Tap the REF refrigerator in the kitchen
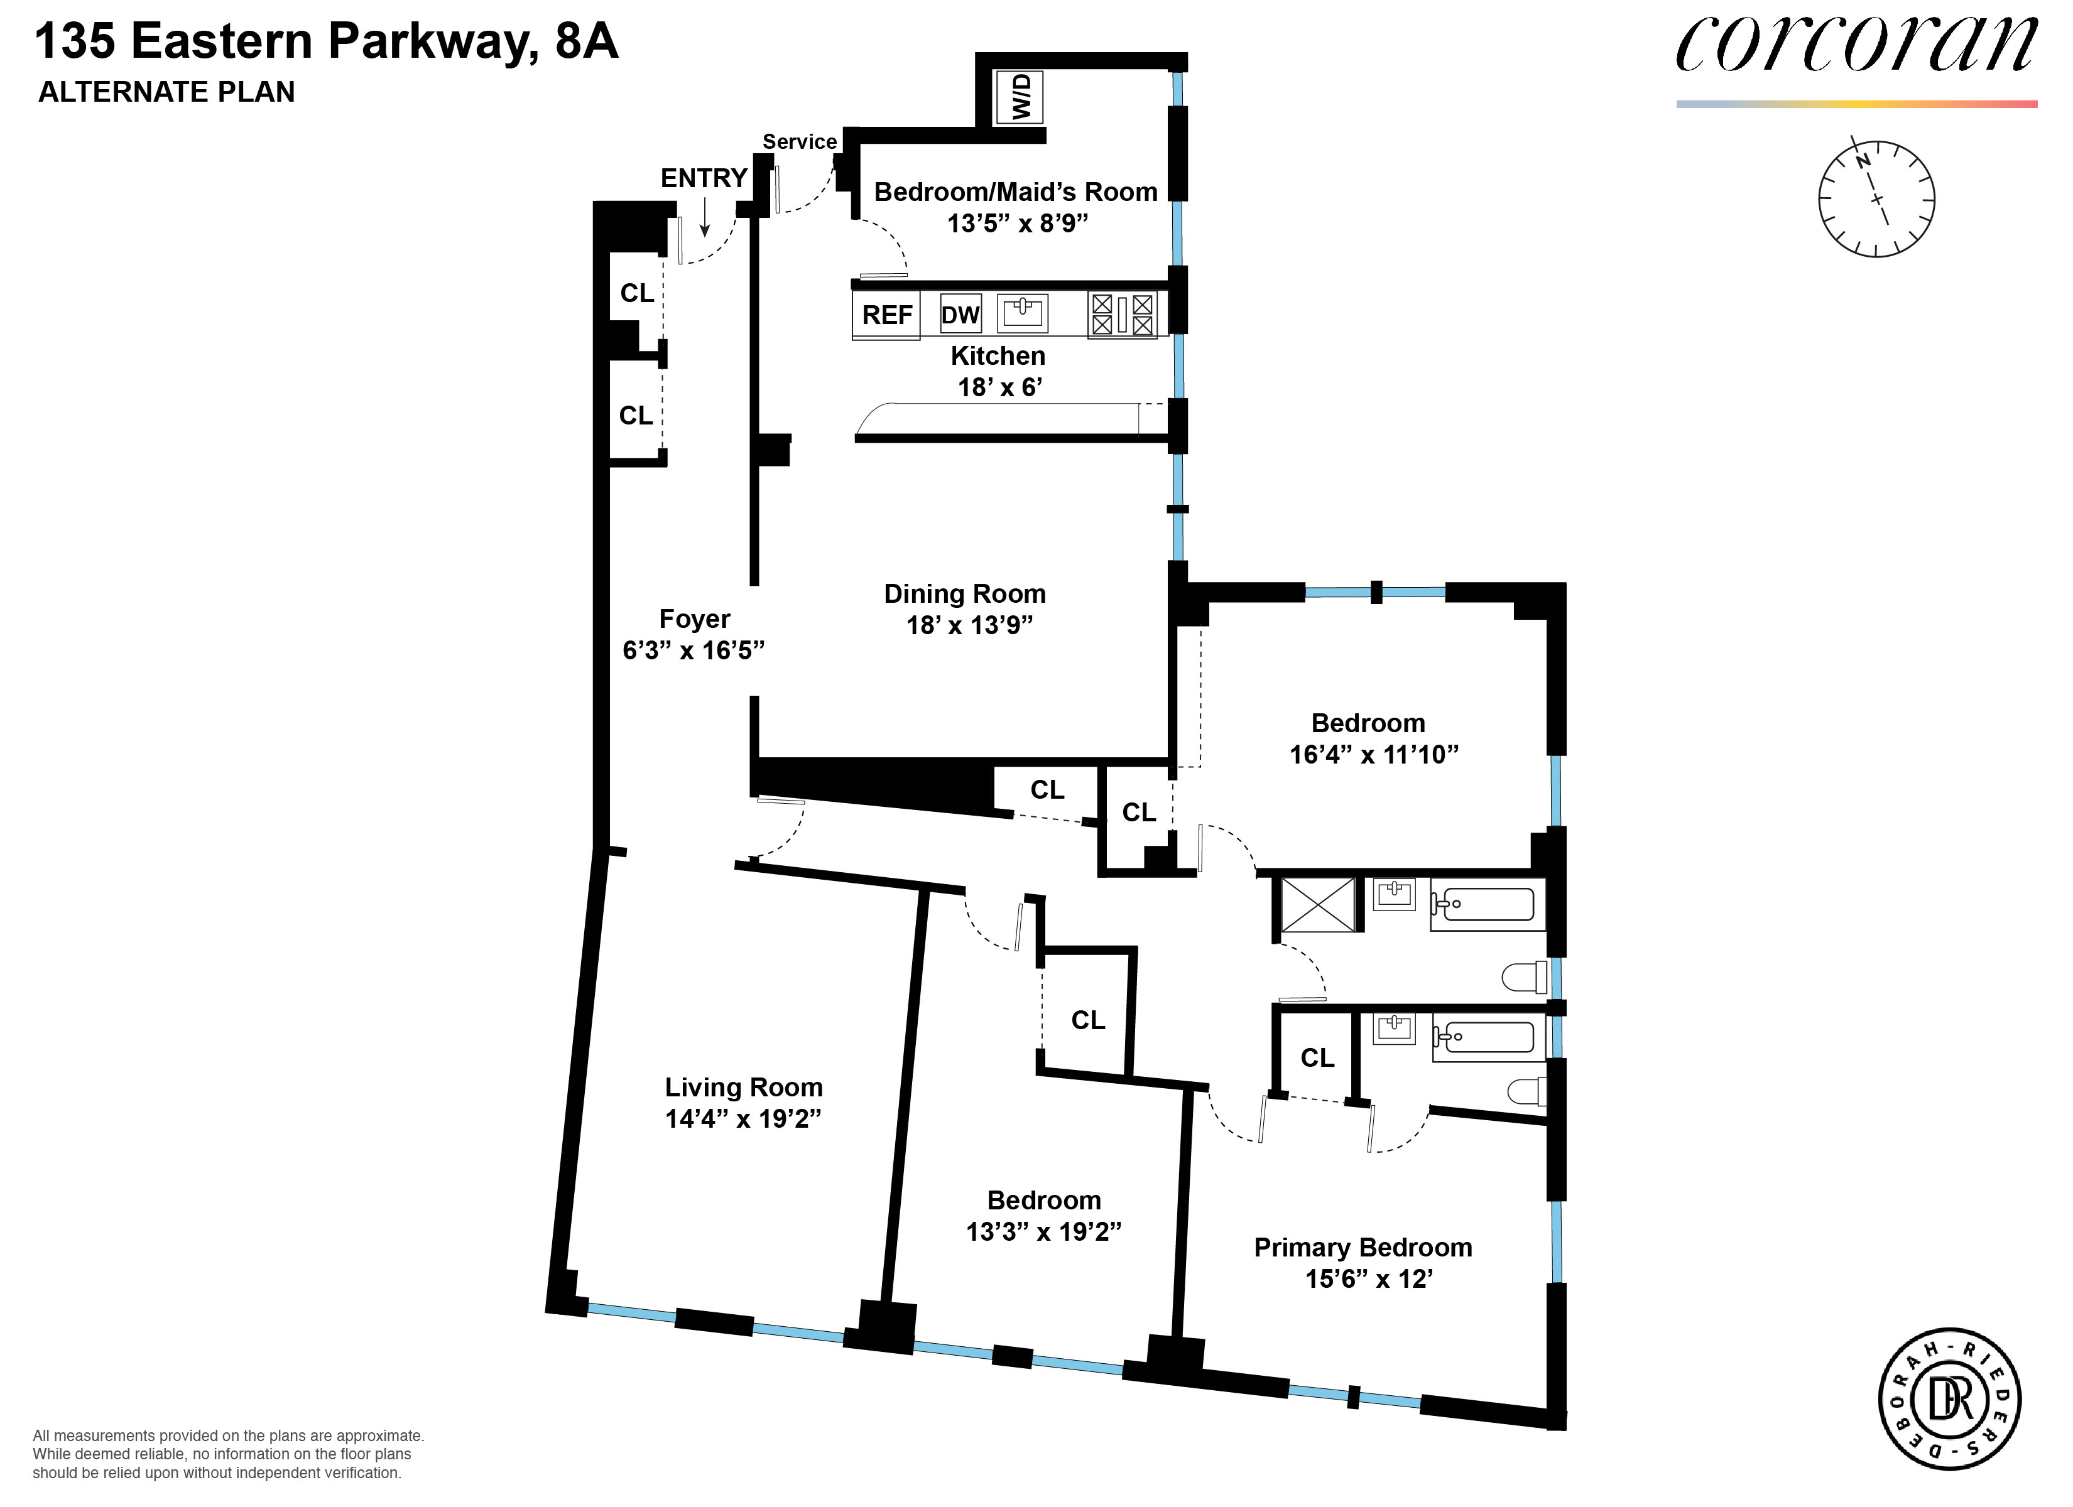tap(886, 315)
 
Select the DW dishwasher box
tap(960, 315)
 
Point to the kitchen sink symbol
tap(1023, 313)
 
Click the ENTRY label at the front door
tap(704, 178)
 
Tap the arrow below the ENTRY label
tap(705, 219)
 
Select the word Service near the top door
tap(800, 142)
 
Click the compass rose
tap(1876, 198)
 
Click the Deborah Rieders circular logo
tap(1950, 1399)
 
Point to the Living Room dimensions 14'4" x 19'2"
tap(743, 1118)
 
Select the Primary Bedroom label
tap(1363, 1248)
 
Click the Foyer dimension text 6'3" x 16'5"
tap(694, 650)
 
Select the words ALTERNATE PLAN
tap(166, 92)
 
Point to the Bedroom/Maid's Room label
tap(1016, 192)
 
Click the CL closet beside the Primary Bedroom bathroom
tap(1317, 1057)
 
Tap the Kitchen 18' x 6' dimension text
tap(1000, 387)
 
